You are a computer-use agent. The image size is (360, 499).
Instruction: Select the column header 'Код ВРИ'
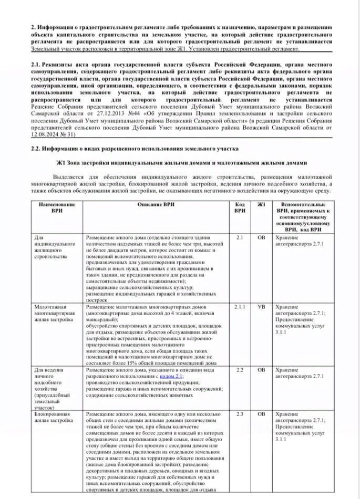point(240,207)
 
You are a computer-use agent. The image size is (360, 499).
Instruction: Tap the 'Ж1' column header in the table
point(261,204)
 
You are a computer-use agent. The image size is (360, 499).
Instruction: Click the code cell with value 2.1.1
point(240,306)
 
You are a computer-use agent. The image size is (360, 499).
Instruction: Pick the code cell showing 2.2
point(240,370)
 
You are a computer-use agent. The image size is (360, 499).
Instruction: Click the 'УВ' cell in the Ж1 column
point(261,306)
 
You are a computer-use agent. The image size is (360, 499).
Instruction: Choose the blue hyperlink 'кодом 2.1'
point(171,377)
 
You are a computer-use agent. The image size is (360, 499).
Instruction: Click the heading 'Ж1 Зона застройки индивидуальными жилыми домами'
point(179,163)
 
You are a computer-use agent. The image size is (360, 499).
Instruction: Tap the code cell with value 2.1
point(240,237)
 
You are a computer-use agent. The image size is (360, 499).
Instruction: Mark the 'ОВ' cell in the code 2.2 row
point(261,370)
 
